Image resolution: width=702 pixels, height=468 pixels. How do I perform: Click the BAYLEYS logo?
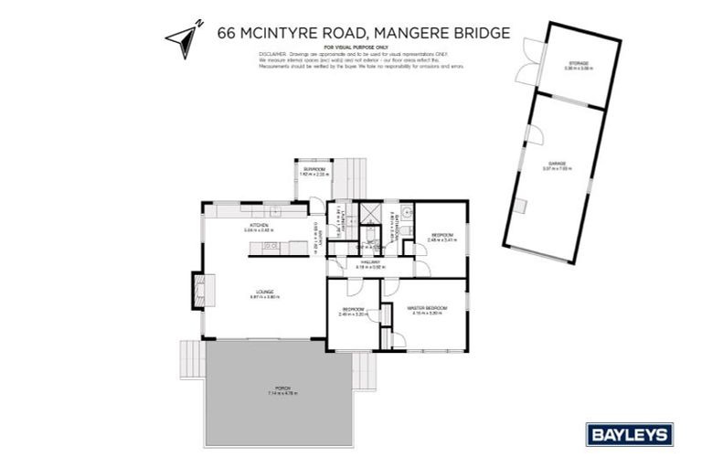(629, 434)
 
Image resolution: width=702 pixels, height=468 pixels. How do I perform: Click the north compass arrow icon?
(181, 37)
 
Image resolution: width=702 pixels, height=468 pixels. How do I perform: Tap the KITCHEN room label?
(259, 226)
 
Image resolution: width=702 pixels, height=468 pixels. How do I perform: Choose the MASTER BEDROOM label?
(427, 309)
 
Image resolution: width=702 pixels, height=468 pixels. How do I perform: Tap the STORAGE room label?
(578, 64)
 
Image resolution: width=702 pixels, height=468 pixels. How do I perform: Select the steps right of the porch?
(363, 371)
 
